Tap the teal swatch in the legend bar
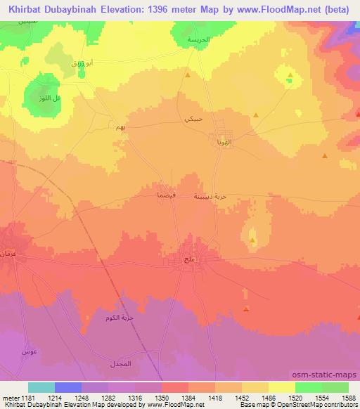(x=41, y=387)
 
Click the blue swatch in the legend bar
(x=68, y=387)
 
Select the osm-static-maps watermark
(x=330, y=375)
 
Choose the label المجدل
(x=120, y=365)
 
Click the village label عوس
(x=29, y=351)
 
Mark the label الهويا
(x=222, y=142)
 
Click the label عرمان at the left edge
(x=8, y=253)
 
